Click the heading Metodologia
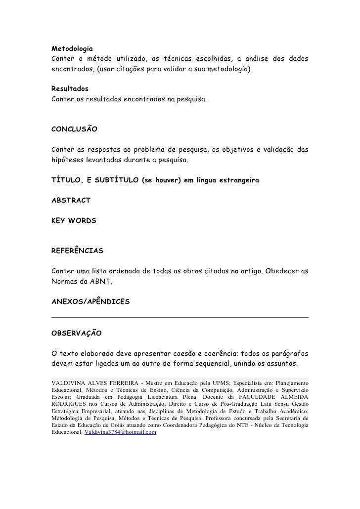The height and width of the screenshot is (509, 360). click(x=72, y=49)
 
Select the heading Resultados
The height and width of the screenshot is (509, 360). click(x=70, y=89)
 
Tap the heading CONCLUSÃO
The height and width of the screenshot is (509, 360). click(x=74, y=130)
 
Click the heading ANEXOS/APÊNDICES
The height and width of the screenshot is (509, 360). click(x=90, y=300)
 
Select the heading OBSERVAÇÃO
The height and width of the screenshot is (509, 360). click(x=77, y=334)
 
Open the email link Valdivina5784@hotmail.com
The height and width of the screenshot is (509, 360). click(x=121, y=432)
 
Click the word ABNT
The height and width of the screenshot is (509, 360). click(x=102, y=281)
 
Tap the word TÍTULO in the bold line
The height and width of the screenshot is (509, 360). click(x=64, y=181)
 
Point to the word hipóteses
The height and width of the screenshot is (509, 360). click(x=68, y=161)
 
